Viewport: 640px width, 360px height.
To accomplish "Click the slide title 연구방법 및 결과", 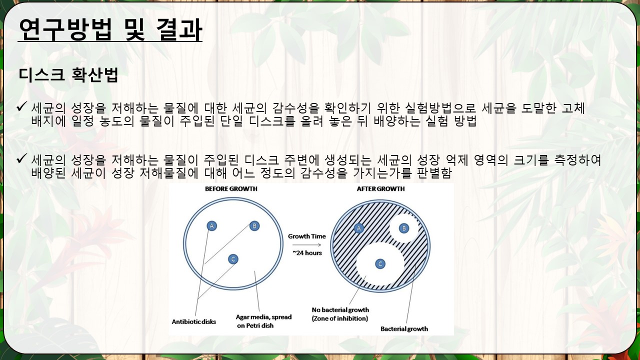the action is point(110,29).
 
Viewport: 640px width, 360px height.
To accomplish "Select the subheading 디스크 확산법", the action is point(68,75).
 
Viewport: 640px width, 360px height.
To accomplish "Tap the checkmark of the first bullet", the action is point(21,106).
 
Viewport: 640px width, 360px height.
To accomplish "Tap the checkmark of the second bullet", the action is point(21,158).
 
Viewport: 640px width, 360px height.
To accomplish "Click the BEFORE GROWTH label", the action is point(231,189).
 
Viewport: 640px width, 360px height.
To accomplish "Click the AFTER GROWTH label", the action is point(380,189).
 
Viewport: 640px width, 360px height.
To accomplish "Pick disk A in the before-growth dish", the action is point(211,226).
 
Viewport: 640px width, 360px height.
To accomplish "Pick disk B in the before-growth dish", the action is point(254,226).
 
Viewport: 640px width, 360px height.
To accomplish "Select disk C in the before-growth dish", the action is point(233,259).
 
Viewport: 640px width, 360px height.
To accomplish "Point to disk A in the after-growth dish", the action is point(359,228).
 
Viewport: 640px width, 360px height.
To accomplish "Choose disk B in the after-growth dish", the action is point(404,228).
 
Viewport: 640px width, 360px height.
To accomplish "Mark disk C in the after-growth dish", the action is point(380,263).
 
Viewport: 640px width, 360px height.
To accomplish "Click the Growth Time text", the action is point(307,236).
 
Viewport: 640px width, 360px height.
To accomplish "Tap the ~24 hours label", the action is point(307,253).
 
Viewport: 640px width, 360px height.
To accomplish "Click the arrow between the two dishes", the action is point(306,245).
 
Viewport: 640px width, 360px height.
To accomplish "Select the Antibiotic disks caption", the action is point(193,321).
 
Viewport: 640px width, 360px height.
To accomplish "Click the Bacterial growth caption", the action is point(404,329).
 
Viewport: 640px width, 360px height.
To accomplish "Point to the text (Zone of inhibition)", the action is point(339,318).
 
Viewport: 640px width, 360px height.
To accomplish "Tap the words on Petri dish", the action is point(255,325).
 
